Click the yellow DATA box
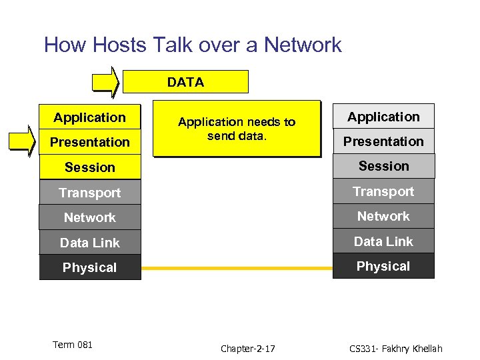pyautogui.click(x=186, y=82)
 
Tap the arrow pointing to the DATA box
pyautogui.click(x=106, y=82)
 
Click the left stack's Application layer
pyautogui.click(x=90, y=117)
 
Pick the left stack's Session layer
pyautogui.click(x=90, y=167)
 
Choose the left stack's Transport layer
pyautogui.click(x=90, y=193)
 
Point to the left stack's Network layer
pyautogui.click(x=90, y=217)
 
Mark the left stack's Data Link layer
pyautogui.click(x=90, y=243)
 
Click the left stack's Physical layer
pyautogui.click(x=90, y=267)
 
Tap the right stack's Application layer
pyautogui.click(x=383, y=117)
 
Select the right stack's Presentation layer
pyautogui.click(x=383, y=141)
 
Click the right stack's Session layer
pyautogui.click(x=383, y=166)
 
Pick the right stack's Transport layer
pyautogui.click(x=383, y=191)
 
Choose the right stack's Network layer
pyautogui.click(x=383, y=216)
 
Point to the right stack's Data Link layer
pyautogui.click(x=383, y=241)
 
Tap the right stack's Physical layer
pyautogui.click(x=383, y=266)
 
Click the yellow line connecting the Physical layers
pyautogui.click(x=237, y=269)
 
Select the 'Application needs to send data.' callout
pyautogui.click(x=237, y=129)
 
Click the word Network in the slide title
pyautogui.click(x=303, y=45)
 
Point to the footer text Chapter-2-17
pyautogui.click(x=248, y=349)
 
